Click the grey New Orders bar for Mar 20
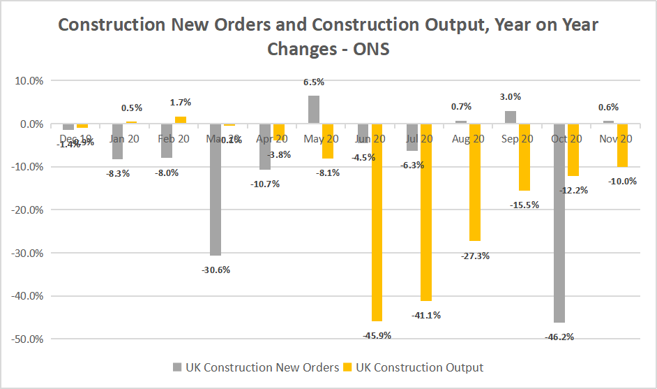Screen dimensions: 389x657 216,189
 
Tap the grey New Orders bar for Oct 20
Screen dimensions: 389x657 560,223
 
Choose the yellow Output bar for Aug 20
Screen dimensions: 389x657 475,182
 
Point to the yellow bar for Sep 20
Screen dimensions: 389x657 524,157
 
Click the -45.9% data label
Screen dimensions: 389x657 377,335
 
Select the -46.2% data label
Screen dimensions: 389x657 560,337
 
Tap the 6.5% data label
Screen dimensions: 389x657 314,82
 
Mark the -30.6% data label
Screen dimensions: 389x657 216,270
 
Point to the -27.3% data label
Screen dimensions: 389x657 475,256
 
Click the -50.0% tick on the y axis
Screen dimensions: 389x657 29,339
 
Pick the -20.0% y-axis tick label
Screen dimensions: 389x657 29,210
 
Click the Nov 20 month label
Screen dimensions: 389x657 615,139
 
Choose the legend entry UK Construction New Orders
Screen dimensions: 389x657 255,367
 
